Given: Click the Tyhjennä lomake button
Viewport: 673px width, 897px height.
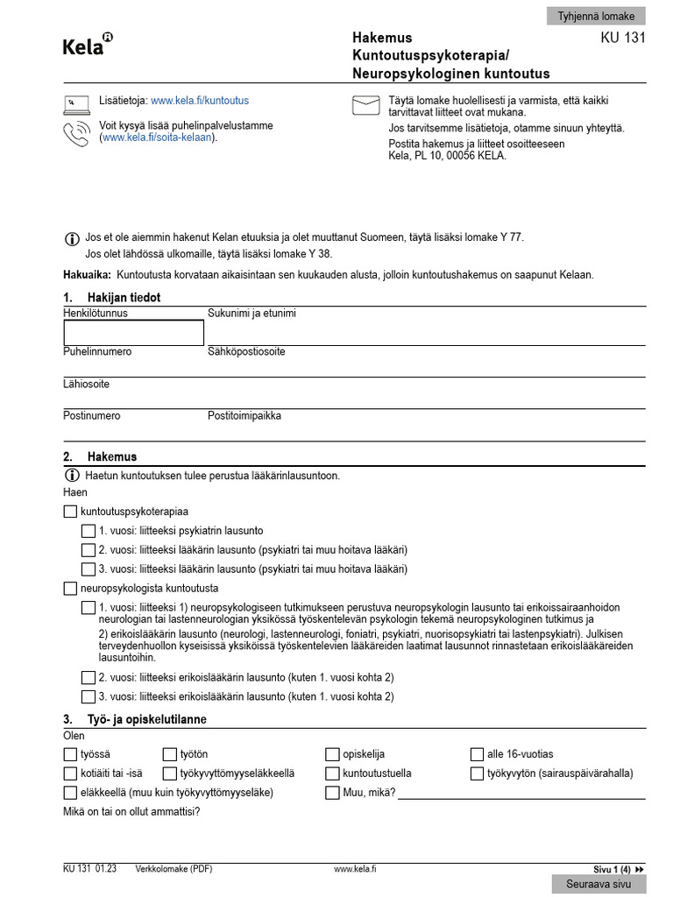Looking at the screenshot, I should [596, 16].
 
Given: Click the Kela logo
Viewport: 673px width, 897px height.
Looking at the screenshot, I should [88, 45].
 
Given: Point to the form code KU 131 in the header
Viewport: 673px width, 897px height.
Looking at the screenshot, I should [622, 39].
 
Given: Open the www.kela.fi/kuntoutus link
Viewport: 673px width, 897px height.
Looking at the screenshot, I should [199, 102].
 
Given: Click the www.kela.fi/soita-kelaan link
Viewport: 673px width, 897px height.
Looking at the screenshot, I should [158, 138].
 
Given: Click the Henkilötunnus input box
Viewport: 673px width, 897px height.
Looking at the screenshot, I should [133, 333].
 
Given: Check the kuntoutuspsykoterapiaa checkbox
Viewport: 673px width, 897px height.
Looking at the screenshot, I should [70, 511].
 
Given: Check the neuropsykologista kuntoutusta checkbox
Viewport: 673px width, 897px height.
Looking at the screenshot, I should [70, 589].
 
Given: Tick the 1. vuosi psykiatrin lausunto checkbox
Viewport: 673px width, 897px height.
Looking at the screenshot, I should [88, 531].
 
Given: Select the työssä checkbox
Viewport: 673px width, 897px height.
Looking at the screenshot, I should [70, 754].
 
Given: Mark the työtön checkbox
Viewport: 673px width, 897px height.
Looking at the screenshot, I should [170, 754].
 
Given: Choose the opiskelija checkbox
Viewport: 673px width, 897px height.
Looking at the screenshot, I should [332, 754].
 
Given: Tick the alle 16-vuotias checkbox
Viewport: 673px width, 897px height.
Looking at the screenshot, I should [477, 754].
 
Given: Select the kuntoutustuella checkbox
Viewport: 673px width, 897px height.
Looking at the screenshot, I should [332, 773].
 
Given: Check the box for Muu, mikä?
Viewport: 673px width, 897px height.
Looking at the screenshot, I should [332, 793].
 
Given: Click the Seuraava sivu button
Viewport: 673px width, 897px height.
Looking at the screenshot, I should [599, 885].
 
